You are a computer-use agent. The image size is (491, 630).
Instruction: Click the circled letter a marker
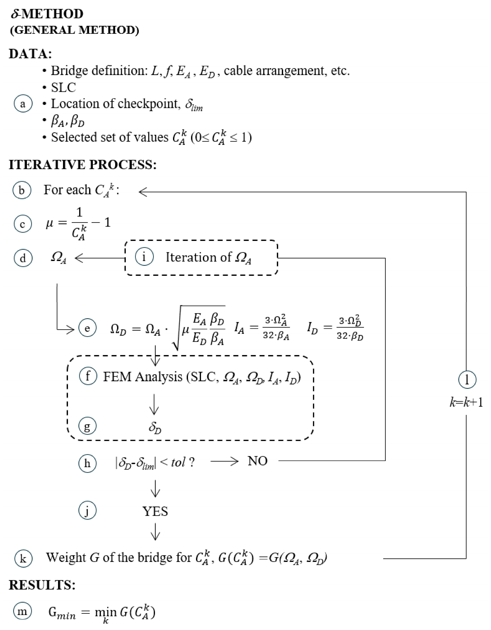23,104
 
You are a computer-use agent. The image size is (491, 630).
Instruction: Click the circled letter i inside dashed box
144,257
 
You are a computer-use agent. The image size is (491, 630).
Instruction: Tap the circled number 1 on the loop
467,380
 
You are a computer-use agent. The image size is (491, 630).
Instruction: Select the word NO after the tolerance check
257,461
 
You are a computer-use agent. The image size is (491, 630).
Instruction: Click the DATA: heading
30,54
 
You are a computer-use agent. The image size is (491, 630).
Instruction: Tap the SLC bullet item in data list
63,87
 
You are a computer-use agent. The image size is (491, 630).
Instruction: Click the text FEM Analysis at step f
143,377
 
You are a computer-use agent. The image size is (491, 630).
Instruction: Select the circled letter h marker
87,463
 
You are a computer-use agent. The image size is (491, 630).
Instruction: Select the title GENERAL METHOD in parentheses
75,30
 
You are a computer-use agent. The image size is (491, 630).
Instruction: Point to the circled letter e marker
87,328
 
